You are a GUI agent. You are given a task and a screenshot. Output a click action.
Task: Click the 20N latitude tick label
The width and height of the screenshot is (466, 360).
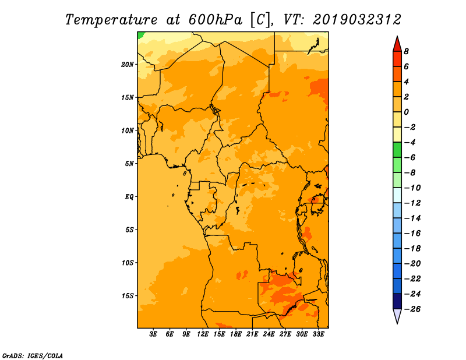(128, 65)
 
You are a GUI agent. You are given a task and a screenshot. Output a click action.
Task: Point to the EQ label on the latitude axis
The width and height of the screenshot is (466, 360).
(129, 197)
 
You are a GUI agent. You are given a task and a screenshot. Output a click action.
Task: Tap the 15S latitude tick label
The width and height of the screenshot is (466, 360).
(128, 296)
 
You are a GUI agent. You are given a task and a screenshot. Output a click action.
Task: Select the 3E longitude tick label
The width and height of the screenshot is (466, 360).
(153, 334)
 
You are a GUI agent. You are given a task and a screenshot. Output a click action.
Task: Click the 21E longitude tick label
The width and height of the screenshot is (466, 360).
(252, 334)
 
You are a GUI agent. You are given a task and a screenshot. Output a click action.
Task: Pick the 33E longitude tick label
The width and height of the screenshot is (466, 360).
(318, 334)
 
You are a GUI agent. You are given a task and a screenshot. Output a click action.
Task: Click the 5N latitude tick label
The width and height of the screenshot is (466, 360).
(129, 164)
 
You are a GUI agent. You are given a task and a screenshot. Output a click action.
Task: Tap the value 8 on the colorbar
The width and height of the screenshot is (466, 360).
(406, 51)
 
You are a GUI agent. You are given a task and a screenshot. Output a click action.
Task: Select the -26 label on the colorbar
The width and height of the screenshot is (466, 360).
(412, 309)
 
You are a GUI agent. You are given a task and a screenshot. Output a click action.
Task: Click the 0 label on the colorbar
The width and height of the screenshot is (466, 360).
(406, 112)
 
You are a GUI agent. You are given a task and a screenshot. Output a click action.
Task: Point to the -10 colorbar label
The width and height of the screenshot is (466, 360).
(412, 188)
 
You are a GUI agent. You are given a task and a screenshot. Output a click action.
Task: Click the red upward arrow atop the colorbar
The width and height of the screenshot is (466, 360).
(397, 44)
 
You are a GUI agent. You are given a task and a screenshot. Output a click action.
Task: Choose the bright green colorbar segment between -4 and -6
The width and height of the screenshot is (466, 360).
(397, 150)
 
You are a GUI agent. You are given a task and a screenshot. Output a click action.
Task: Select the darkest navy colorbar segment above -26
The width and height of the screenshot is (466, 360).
(397, 301)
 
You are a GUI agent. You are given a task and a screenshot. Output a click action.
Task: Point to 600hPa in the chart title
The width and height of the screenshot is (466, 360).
(215, 20)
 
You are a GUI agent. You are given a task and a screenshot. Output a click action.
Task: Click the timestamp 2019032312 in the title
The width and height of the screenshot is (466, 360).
(357, 20)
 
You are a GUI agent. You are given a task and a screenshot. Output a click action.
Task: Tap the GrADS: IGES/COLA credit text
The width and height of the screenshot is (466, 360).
(33, 356)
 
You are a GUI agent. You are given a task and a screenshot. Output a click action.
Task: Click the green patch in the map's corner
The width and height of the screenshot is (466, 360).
(140, 35)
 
